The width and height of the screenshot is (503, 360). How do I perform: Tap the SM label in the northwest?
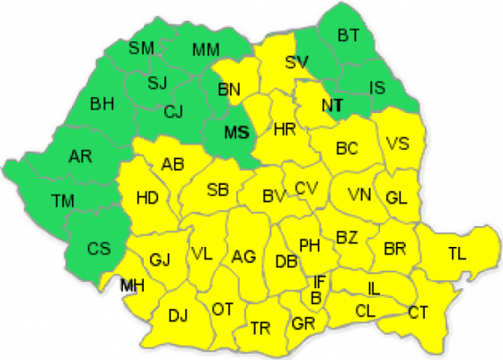(142, 48)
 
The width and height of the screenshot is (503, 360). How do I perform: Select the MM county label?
(207, 48)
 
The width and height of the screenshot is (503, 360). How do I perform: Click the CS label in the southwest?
(100, 247)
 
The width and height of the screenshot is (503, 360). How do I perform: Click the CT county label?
(418, 312)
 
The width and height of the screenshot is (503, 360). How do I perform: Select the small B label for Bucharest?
(316, 297)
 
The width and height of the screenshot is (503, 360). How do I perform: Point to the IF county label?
(320, 282)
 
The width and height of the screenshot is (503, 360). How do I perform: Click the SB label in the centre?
(217, 189)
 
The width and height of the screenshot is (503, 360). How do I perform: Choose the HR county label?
(284, 129)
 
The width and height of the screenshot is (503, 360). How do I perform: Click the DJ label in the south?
(178, 315)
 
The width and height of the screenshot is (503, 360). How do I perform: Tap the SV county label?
(296, 62)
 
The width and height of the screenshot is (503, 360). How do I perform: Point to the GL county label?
(396, 198)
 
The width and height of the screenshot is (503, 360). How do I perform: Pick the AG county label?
(243, 257)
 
